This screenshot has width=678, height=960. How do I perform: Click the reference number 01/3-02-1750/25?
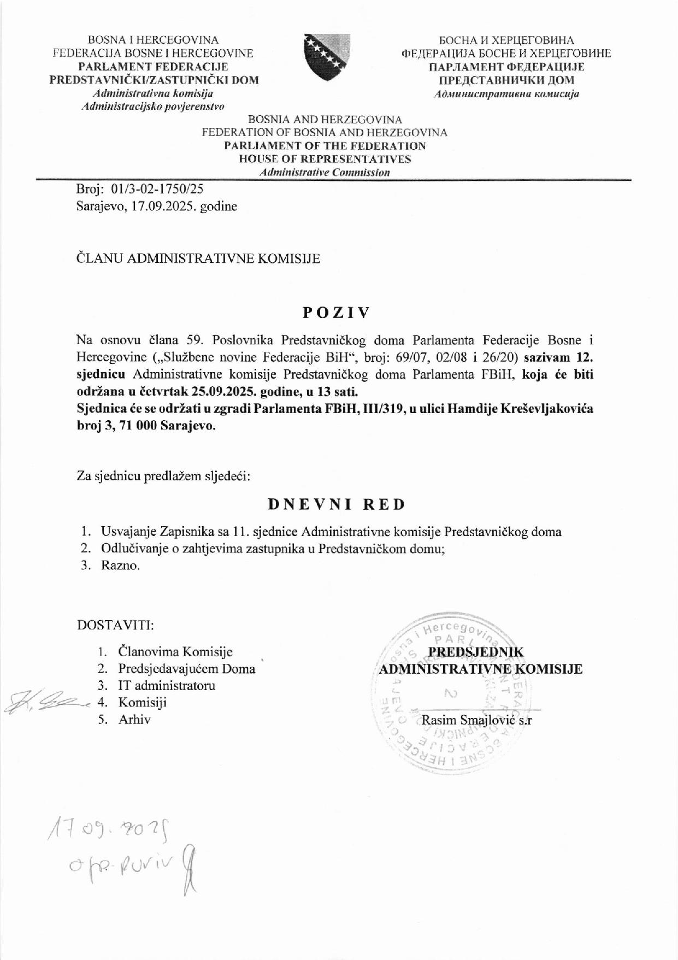click(x=157, y=189)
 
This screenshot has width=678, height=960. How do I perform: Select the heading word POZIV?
click(x=337, y=313)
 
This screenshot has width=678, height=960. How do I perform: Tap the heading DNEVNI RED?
click(x=337, y=504)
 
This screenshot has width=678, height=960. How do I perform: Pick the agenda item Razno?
click(x=120, y=566)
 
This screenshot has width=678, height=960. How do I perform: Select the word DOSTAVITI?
click(x=115, y=625)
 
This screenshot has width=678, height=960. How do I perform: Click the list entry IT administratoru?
click(x=167, y=686)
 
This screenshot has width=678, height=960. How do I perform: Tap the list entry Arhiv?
click(x=134, y=720)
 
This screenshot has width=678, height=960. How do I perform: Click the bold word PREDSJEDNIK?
click(x=475, y=652)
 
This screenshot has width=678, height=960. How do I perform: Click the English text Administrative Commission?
click(x=325, y=173)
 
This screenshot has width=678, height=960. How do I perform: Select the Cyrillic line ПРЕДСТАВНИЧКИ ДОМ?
click(x=506, y=80)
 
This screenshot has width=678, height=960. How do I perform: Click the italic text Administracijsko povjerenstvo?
click(x=153, y=107)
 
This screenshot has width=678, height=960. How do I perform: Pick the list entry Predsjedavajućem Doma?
click(x=187, y=669)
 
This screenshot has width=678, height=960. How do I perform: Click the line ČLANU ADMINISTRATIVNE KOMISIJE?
click(x=198, y=258)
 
